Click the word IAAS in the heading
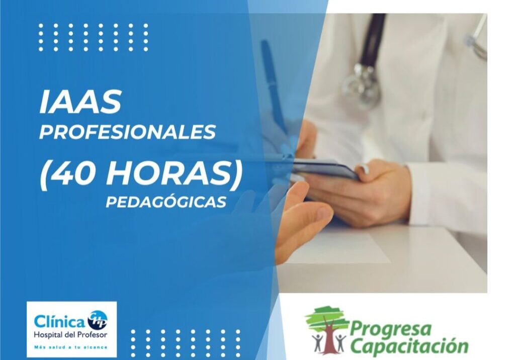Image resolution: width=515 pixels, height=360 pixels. pos(80,102)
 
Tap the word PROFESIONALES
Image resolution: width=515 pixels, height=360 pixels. pos(127,132)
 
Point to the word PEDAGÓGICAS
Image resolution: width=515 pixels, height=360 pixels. pos(166,202)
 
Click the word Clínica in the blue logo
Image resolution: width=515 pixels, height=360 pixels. pos(59,321)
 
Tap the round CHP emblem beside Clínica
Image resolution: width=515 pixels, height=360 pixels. pos(97,320)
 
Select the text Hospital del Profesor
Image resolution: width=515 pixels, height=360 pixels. pos(70,334)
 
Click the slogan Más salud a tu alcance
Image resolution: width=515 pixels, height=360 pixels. pos(70,347)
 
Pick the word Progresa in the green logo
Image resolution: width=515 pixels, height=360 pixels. pos(390,330)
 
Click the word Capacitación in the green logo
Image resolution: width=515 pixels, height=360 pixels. pos(408,346)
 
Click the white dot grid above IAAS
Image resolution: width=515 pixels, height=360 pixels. pos(94,37)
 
